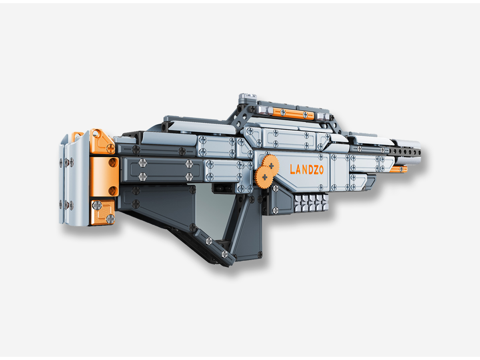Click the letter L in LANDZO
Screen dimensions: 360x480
[x=293, y=170]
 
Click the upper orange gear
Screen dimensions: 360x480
[x=270, y=164]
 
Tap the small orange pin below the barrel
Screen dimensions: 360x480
[x=399, y=170]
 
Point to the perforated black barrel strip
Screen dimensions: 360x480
[x=404, y=152]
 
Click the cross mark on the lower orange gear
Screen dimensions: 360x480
[x=264, y=176]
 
